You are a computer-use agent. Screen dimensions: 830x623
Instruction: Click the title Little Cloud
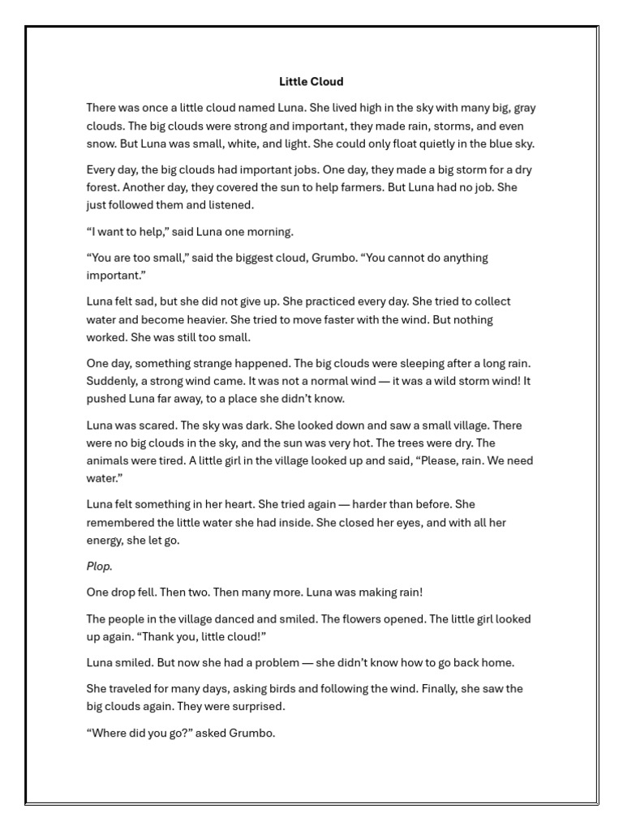tap(311, 81)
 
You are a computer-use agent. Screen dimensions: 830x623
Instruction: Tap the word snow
tap(101, 143)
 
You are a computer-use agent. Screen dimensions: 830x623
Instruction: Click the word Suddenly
tap(111, 381)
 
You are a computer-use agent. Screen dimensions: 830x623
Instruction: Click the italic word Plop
tap(99, 567)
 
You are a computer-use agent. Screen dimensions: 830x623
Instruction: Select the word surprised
tap(257, 706)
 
